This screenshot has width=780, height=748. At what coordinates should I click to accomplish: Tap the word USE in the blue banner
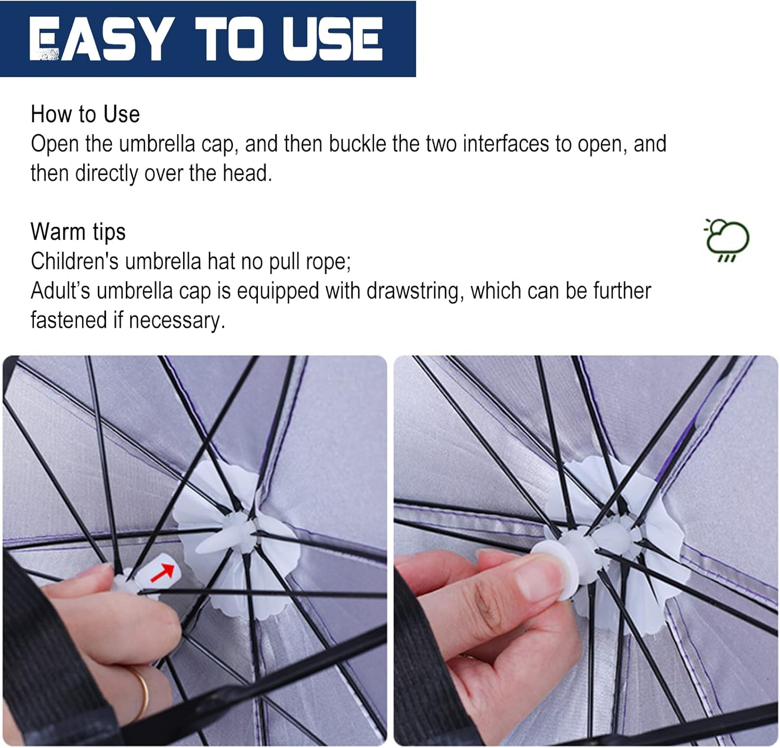[332, 38]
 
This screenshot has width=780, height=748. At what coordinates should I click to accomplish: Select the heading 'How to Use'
[85, 114]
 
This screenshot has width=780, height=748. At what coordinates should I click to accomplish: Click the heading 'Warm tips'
[78, 232]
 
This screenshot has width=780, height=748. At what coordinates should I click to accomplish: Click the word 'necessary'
[176, 320]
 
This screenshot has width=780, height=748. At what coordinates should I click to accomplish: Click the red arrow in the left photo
[162, 573]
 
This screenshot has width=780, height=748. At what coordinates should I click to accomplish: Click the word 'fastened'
[69, 320]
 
